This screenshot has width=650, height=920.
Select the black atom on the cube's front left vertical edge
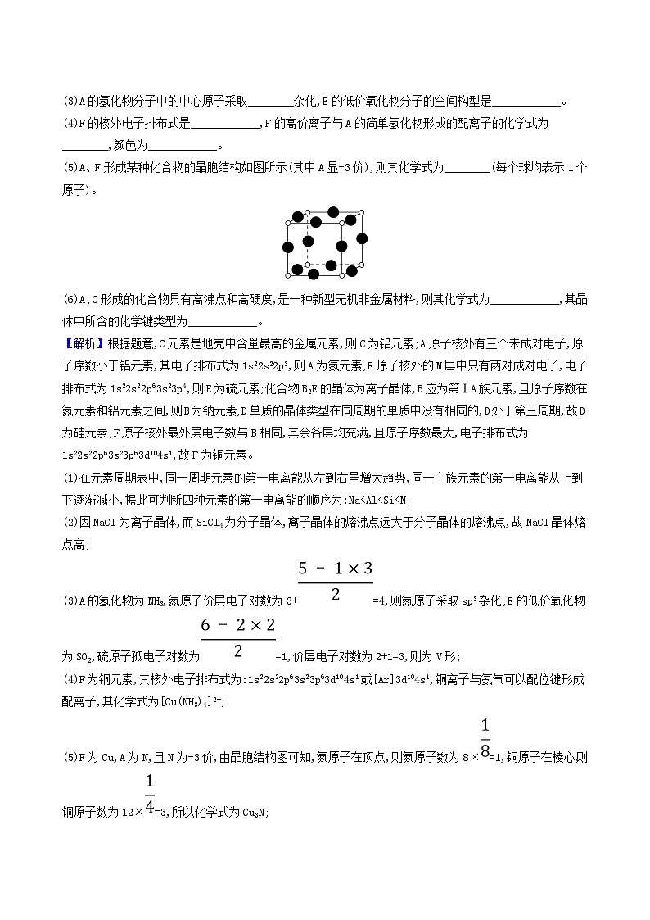tap(288, 247)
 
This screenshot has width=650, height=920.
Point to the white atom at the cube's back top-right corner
tap(363, 213)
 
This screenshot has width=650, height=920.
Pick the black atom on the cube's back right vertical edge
tap(362, 237)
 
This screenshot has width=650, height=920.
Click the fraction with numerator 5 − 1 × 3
tap(336, 581)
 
